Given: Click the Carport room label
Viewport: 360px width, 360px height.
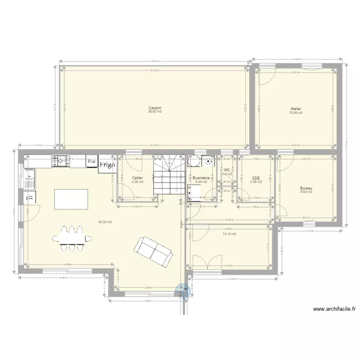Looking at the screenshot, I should click(x=155, y=108).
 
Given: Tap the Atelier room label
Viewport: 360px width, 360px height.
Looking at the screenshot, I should click(x=295, y=109).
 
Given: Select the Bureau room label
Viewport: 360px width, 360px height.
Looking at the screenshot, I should click(x=306, y=188).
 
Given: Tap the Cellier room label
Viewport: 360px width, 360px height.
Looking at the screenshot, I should click(x=137, y=178).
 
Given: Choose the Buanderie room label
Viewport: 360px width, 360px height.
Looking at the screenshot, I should click(x=201, y=177).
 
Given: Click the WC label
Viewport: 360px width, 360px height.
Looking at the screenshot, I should click(x=227, y=170).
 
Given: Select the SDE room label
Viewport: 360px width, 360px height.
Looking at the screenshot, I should click(x=255, y=178).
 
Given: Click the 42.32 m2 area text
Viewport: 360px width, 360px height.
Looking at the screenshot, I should click(x=105, y=222).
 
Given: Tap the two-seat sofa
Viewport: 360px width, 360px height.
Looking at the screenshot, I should click(x=153, y=252).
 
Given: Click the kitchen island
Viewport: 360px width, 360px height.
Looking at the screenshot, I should click(x=72, y=198).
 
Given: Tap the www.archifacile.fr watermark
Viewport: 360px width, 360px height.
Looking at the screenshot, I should click(x=333, y=310).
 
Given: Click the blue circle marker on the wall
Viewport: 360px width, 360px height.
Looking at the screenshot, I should click(x=183, y=291).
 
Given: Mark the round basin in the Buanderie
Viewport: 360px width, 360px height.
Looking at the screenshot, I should click(x=208, y=162).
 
